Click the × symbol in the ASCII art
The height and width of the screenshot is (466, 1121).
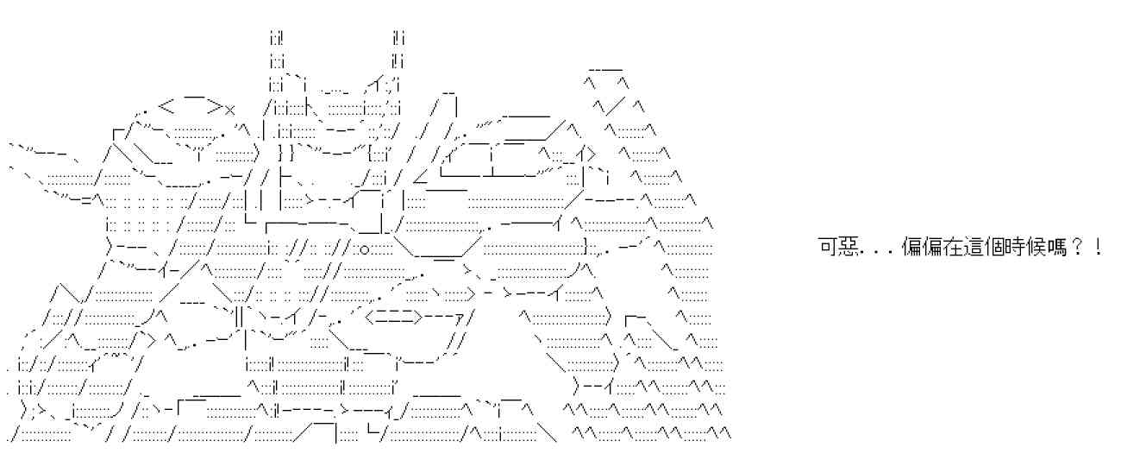(x=229, y=110)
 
